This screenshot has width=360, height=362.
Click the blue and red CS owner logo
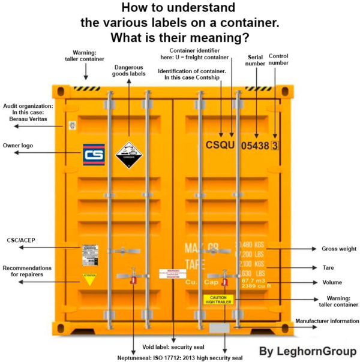coord(94,155)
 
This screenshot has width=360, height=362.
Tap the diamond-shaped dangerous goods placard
coord(128,155)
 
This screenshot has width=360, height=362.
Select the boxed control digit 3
coord(274,145)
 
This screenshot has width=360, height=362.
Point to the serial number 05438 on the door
coord(254,145)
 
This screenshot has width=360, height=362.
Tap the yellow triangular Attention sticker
coord(89,279)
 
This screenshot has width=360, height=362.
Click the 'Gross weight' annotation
coord(339,249)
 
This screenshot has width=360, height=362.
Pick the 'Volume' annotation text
coord(332,282)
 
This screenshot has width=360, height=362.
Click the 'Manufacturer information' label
coord(326,321)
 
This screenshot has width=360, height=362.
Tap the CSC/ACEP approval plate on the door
coord(89,255)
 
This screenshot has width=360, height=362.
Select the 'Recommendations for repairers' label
coord(27,271)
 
